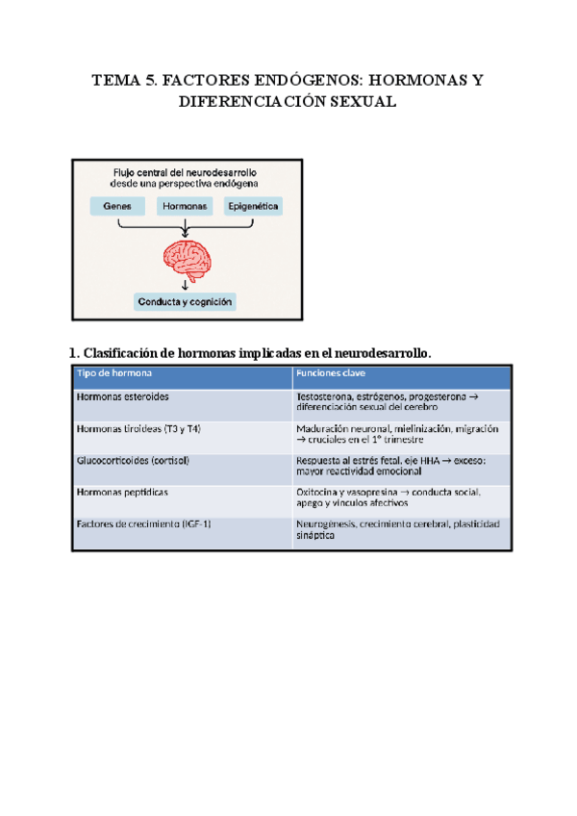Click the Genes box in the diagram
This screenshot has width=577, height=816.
[x=118, y=206]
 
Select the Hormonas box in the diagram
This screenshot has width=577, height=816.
[x=184, y=206]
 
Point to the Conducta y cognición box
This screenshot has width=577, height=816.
[x=185, y=301]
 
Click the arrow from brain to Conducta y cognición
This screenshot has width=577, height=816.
[x=185, y=284]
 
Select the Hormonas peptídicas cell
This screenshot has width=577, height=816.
[x=121, y=492]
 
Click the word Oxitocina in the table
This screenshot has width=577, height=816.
[x=318, y=492]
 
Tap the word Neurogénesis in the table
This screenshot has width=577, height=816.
[x=325, y=524]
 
